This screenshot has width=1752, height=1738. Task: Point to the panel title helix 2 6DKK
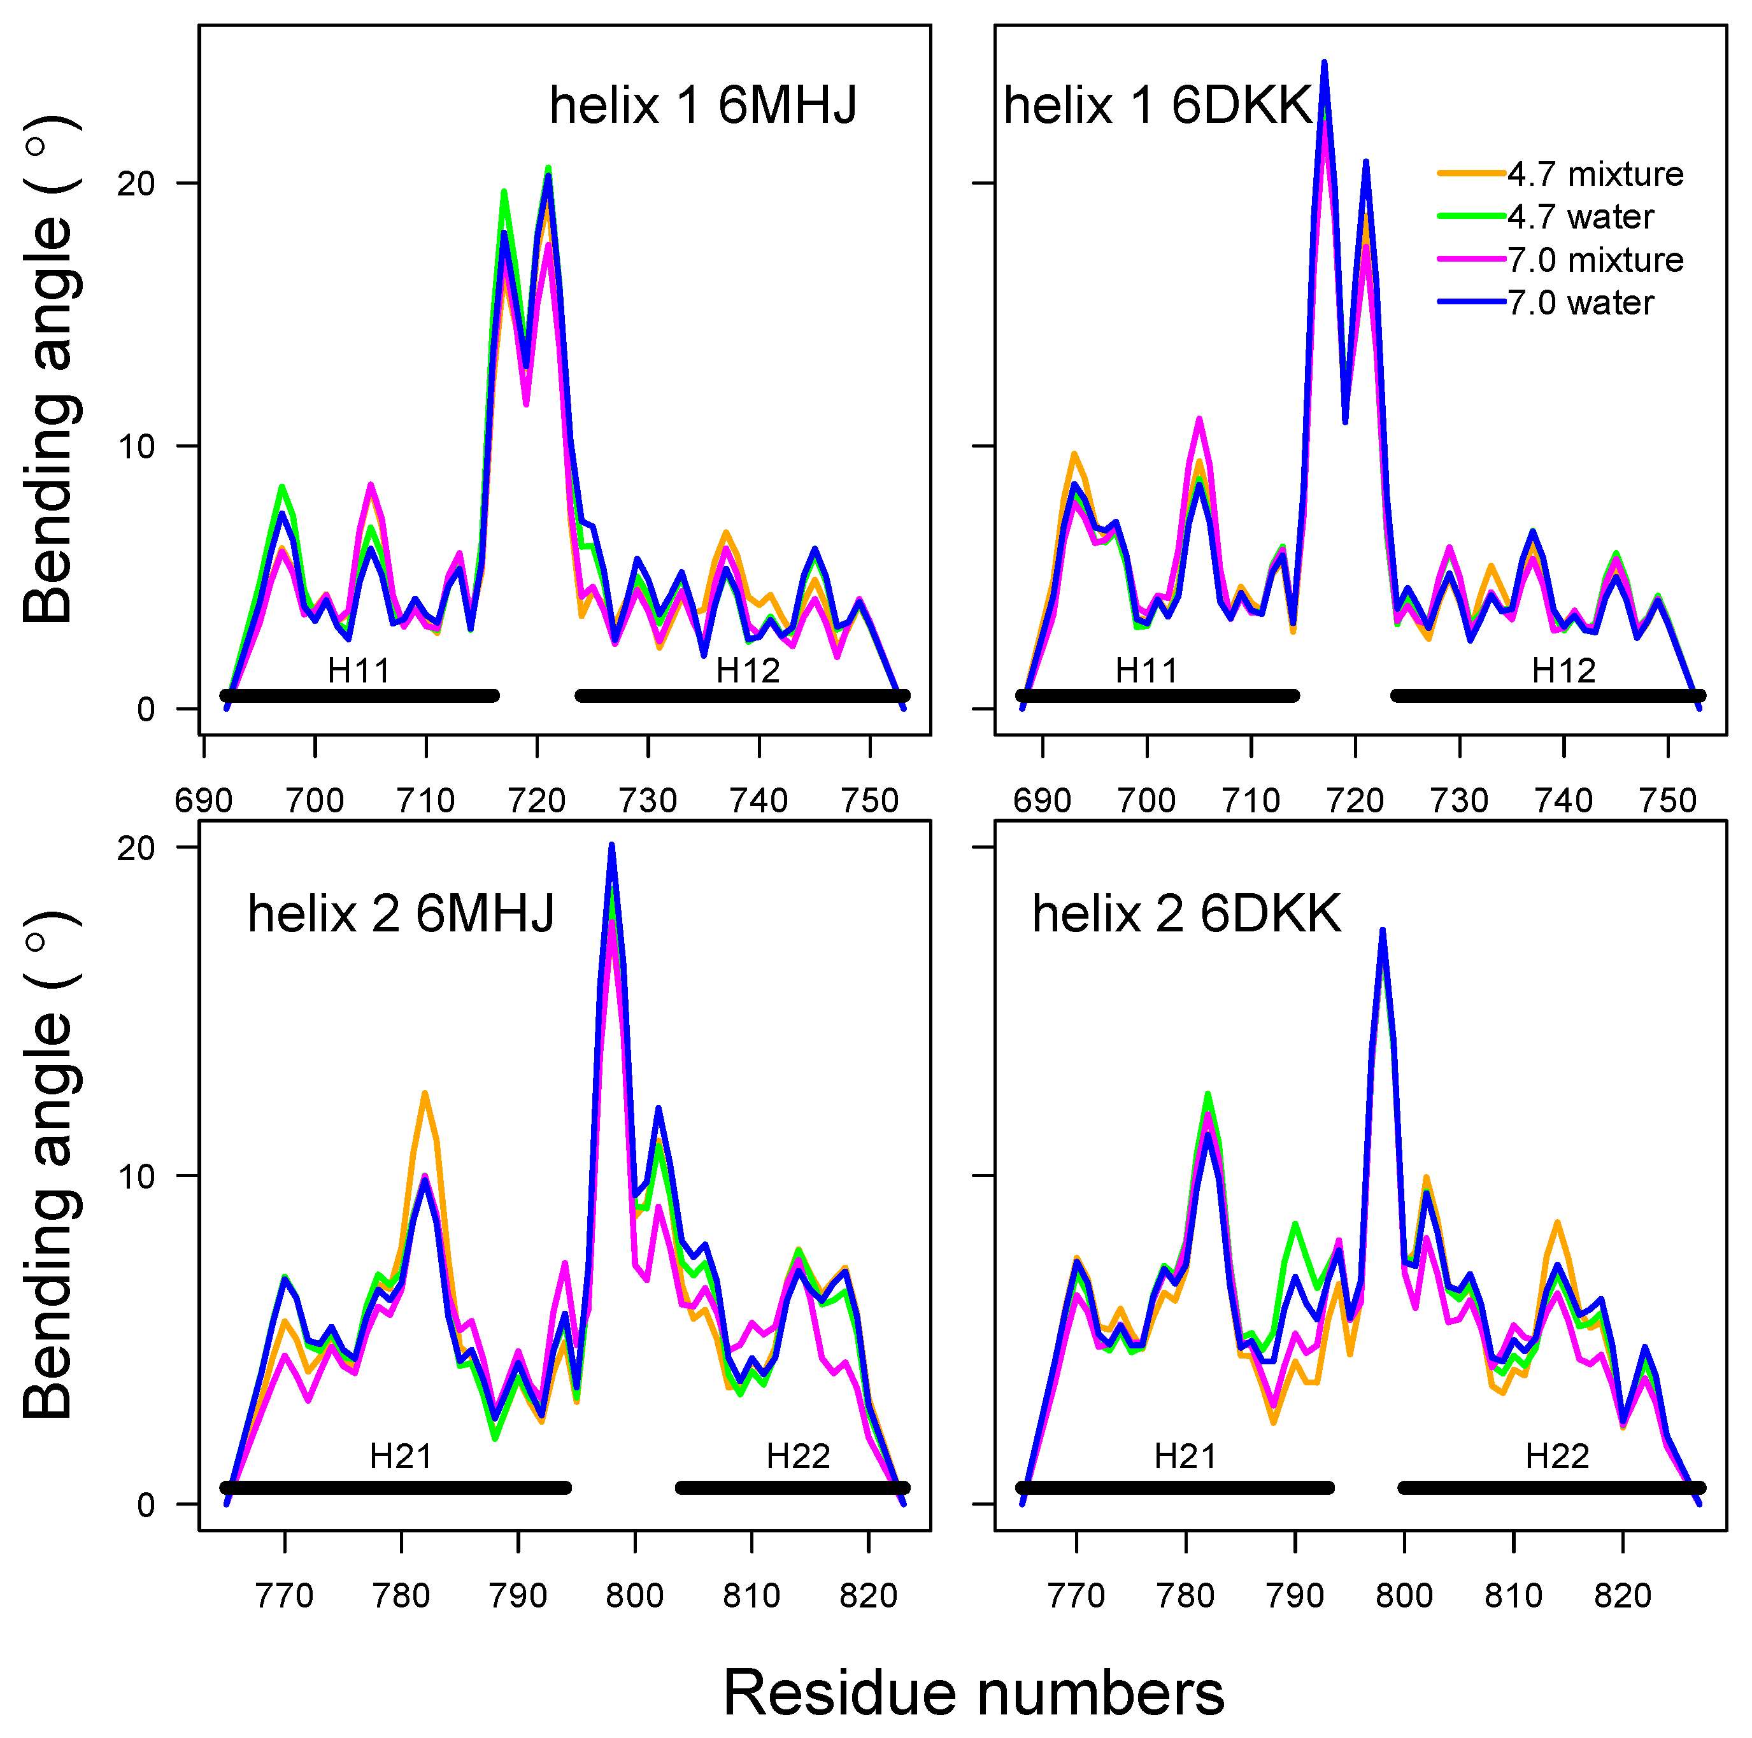(1186, 914)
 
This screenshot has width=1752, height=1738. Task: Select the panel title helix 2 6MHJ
(401, 913)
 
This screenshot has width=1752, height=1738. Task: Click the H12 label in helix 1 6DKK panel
(1563, 671)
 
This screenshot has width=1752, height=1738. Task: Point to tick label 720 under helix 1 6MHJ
(537, 800)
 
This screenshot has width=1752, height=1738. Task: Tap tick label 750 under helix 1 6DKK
(1668, 800)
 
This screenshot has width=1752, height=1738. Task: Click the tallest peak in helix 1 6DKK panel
(1324, 64)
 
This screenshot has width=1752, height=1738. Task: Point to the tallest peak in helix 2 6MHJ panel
(612, 846)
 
